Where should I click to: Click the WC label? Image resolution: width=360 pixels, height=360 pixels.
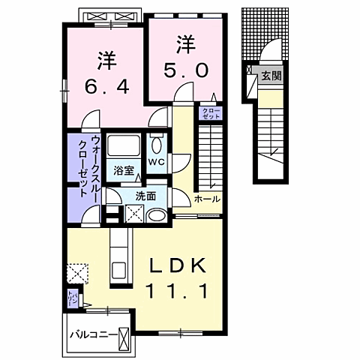pyautogui.click(x=157, y=162)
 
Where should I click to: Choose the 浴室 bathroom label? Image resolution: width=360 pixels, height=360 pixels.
pyautogui.click(x=124, y=170)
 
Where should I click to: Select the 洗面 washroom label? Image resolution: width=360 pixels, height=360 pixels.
pyautogui.click(x=145, y=196)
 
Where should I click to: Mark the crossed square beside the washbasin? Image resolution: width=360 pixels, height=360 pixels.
pyautogui.click(x=136, y=215)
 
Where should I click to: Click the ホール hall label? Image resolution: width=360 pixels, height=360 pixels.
pyautogui.click(x=207, y=199)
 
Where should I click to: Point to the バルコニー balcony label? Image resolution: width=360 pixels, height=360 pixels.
pyautogui.click(x=91, y=334)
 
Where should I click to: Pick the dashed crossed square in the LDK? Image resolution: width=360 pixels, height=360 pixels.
pyautogui.click(x=76, y=272)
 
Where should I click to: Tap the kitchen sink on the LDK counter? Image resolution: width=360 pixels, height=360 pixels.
pyautogui.click(x=120, y=269)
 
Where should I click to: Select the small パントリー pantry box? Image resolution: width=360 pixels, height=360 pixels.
pyautogui.click(x=73, y=298)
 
